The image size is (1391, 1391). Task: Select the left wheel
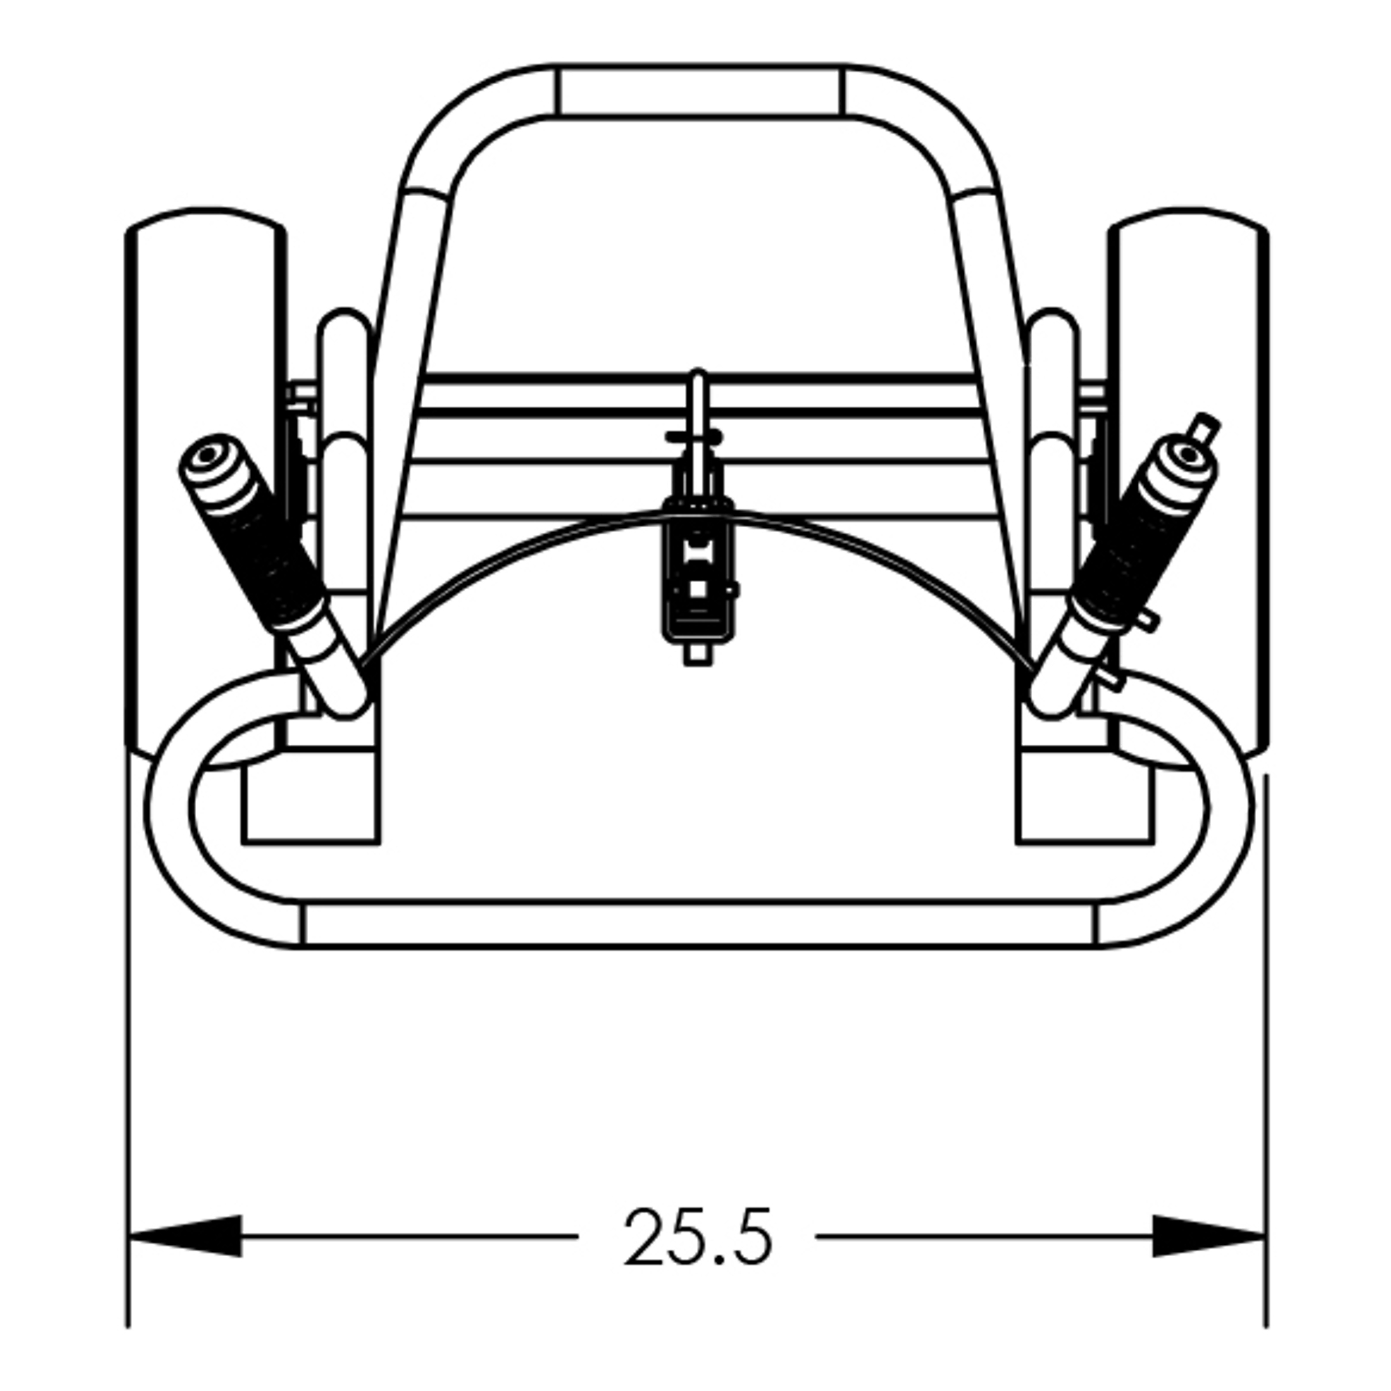(x=205, y=483)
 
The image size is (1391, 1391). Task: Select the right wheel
(x=1189, y=483)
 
